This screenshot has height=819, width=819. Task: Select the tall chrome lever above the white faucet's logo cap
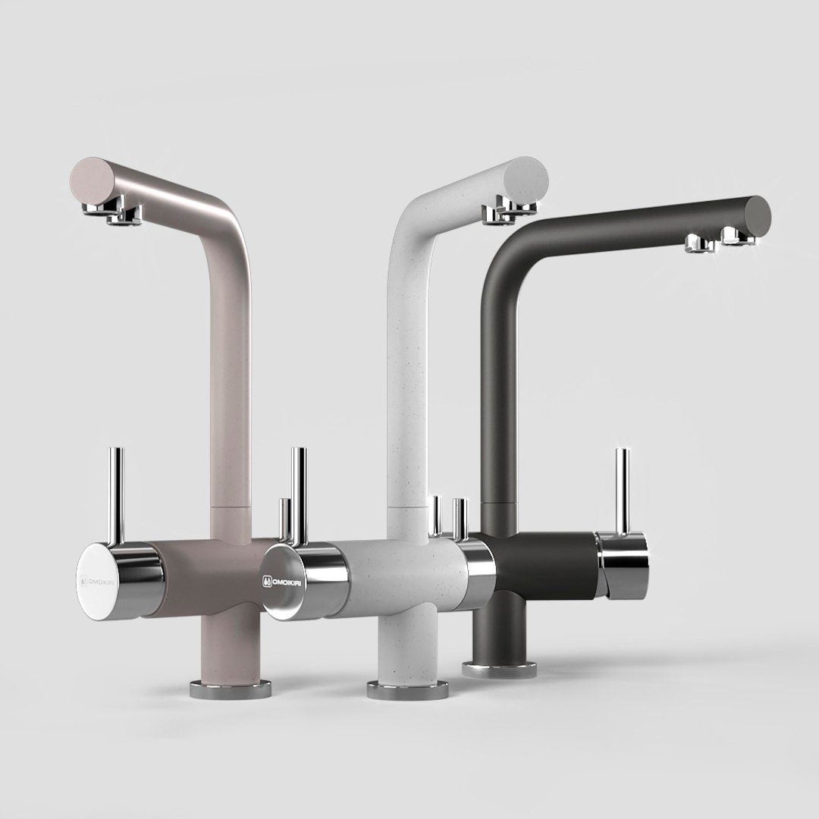point(299,493)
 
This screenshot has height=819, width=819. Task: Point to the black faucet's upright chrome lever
point(622,489)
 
